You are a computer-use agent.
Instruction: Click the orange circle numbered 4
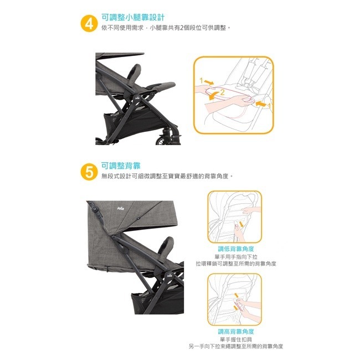tap(89, 24)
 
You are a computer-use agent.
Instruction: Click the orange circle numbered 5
tap(89, 172)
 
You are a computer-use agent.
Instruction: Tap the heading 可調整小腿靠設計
tap(133, 17)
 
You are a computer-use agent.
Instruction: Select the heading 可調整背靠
tap(121, 166)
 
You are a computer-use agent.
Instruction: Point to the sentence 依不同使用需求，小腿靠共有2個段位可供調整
tap(166, 28)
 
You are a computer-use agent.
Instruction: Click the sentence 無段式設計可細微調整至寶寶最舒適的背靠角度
tap(167, 176)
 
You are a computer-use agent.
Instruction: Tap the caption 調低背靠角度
tap(236, 249)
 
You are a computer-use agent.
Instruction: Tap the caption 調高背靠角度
tap(236, 332)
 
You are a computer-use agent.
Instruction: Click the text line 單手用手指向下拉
tap(236, 256)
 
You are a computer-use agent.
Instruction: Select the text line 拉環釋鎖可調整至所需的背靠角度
tap(236, 264)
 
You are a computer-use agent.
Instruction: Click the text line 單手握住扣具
tap(236, 340)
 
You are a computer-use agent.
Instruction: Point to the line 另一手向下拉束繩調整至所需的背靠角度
tap(236, 346)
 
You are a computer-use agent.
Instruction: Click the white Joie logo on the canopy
tap(121, 208)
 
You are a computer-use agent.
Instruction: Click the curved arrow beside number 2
tap(214, 95)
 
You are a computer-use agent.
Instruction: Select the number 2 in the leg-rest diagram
tap(222, 92)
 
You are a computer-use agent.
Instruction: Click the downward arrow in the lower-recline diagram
tap(241, 224)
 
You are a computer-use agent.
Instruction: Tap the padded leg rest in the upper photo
tap(161, 86)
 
